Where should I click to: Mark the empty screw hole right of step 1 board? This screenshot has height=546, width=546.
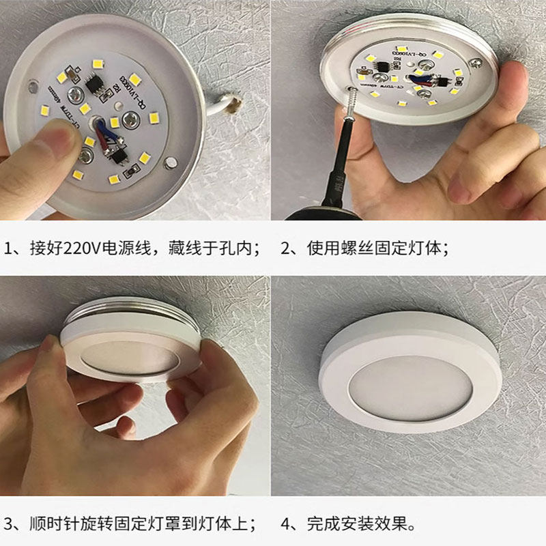point(171,162)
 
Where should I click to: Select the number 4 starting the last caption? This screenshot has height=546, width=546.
point(286,524)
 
